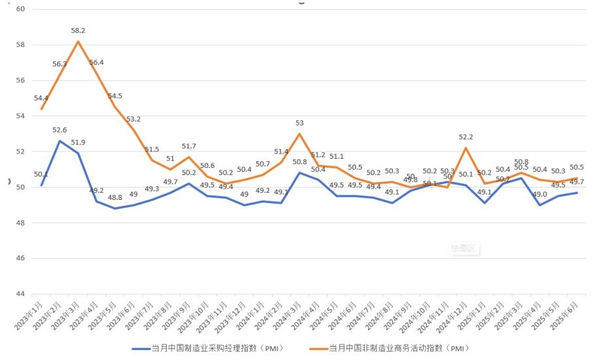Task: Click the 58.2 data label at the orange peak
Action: [78, 31]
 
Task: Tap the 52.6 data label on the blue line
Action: [60, 131]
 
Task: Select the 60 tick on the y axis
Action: [20, 9]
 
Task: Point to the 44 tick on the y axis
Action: [20, 294]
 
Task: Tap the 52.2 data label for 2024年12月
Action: [465, 137]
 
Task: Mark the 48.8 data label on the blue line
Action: [115, 197]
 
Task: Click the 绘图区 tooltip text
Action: [465, 248]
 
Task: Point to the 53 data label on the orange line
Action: [299, 123]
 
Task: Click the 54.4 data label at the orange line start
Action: [41, 98]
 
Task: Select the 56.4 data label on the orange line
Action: [97, 63]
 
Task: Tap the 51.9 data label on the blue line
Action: [78, 142]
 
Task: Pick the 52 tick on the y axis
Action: [20, 152]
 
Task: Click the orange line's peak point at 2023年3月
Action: [78, 42]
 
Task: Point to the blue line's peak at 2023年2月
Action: [60, 141]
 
